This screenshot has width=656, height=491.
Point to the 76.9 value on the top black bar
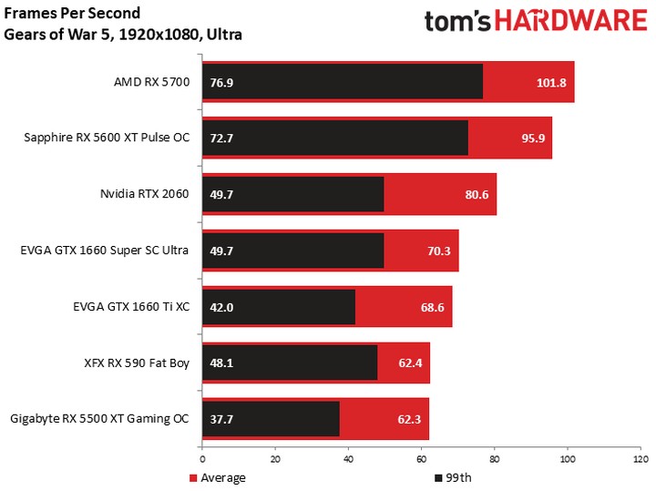[x=222, y=83]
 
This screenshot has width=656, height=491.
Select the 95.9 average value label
[x=528, y=138]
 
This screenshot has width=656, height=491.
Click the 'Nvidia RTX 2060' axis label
[x=145, y=194]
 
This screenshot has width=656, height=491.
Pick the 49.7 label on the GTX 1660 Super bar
[x=222, y=251]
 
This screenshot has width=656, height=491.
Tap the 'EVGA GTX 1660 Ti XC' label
[x=132, y=306]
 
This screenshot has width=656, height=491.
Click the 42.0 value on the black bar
[x=222, y=307]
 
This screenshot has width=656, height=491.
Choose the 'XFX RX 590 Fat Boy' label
[x=136, y=363]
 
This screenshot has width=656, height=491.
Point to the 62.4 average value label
[x=406, y=363]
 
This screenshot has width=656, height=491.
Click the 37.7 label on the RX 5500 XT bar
[x=222, y=419]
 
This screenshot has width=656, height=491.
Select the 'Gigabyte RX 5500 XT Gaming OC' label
[x=99, y=418]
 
